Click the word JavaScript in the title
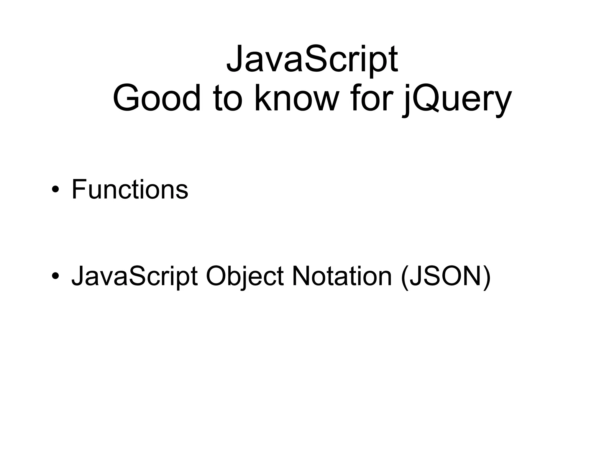click(312, 59)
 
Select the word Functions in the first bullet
click(130, 189)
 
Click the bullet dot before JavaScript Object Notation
click(55, 276)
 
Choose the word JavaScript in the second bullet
click(134, 276)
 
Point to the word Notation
click(342, 276)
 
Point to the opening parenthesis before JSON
click(405, 277)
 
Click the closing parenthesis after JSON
click(487, 277)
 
